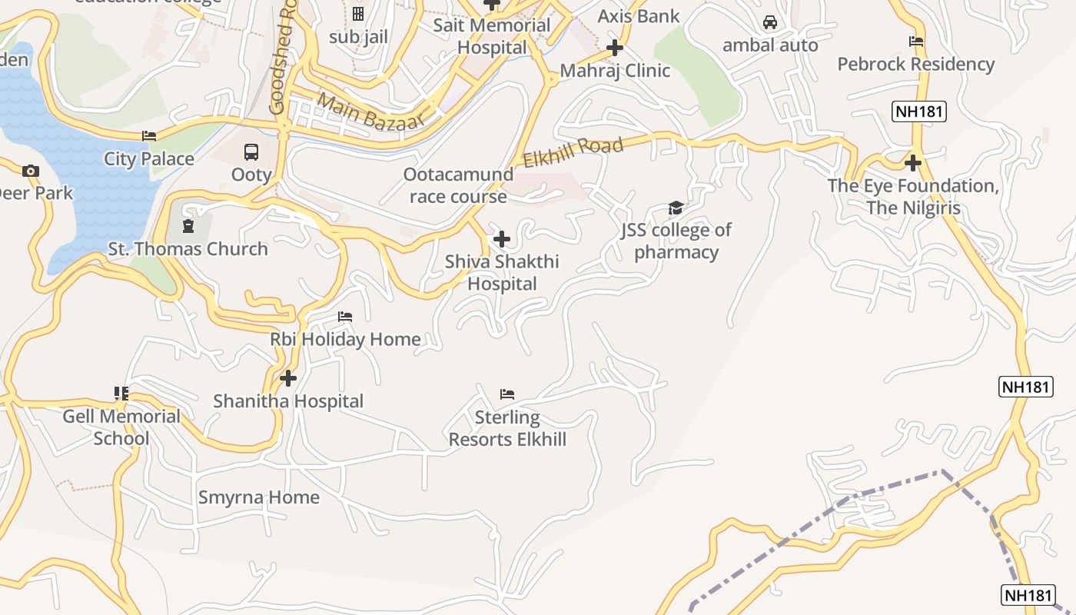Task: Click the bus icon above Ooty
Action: (251, 152)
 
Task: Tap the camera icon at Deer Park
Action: (31, 171)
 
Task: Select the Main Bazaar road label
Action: (370, 112)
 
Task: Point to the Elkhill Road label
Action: (573, 152)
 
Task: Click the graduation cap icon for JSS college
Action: (676, 208)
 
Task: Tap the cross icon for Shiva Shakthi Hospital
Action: (502, 239)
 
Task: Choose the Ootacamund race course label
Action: (458, 185)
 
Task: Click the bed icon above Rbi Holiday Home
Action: (345, 317)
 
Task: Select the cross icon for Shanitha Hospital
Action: (288, 378)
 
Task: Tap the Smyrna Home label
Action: (259, 497)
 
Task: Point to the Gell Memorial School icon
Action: (121, 394)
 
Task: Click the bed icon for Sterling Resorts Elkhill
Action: (507, 394)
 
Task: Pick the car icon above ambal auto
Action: (770, 22)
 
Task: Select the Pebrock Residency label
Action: (916, 65)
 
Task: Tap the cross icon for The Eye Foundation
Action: (913, 163)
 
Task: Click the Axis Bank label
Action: (639, 16)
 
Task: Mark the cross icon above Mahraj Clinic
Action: (614, 48)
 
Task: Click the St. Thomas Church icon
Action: (188, 226)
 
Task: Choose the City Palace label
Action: (149, 159)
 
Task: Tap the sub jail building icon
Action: (358, 14)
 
